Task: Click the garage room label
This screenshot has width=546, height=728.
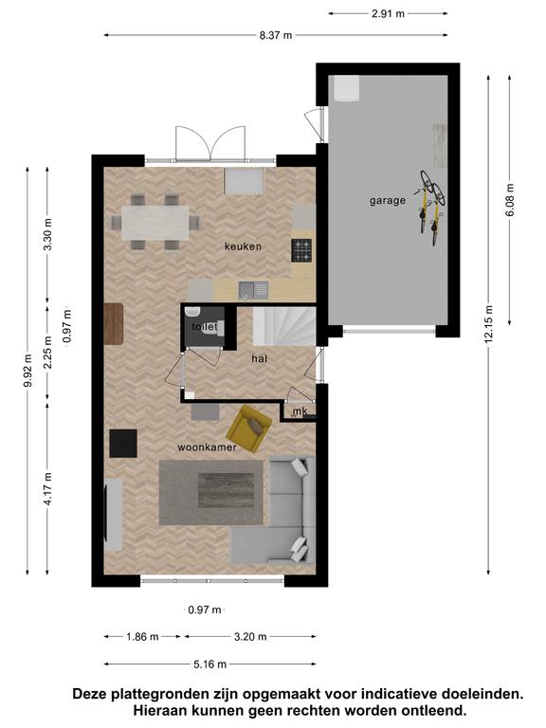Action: [x=387, y=201]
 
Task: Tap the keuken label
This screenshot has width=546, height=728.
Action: [x=243, y=246]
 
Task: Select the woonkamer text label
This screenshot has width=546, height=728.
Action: [x=207, y=447]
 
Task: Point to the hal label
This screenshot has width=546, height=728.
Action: [x=260, y=358]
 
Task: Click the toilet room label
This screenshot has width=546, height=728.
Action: [x=205, y=327]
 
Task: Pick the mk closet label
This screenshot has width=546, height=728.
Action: [x=300, y=411]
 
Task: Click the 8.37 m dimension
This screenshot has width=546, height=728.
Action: [x=276, y=35]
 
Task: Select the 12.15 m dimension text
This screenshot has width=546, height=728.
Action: [x=488, y=324]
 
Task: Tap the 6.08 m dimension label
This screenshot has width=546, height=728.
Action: [x=510, y=200]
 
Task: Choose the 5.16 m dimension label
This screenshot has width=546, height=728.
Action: [x=210, y=664]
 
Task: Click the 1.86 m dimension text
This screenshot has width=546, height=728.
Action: [x=142, y=637]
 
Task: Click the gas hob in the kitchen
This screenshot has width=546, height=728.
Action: [x=301, y=250]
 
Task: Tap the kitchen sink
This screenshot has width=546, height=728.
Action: [x=253, y=290]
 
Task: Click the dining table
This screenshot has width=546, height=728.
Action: [x=155, y=223]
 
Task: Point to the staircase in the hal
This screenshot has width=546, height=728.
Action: [x=284, y=326]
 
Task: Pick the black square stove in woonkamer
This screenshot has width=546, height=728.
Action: [x=123, y=444]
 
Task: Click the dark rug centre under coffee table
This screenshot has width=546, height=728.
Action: [x=227, y=490]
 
